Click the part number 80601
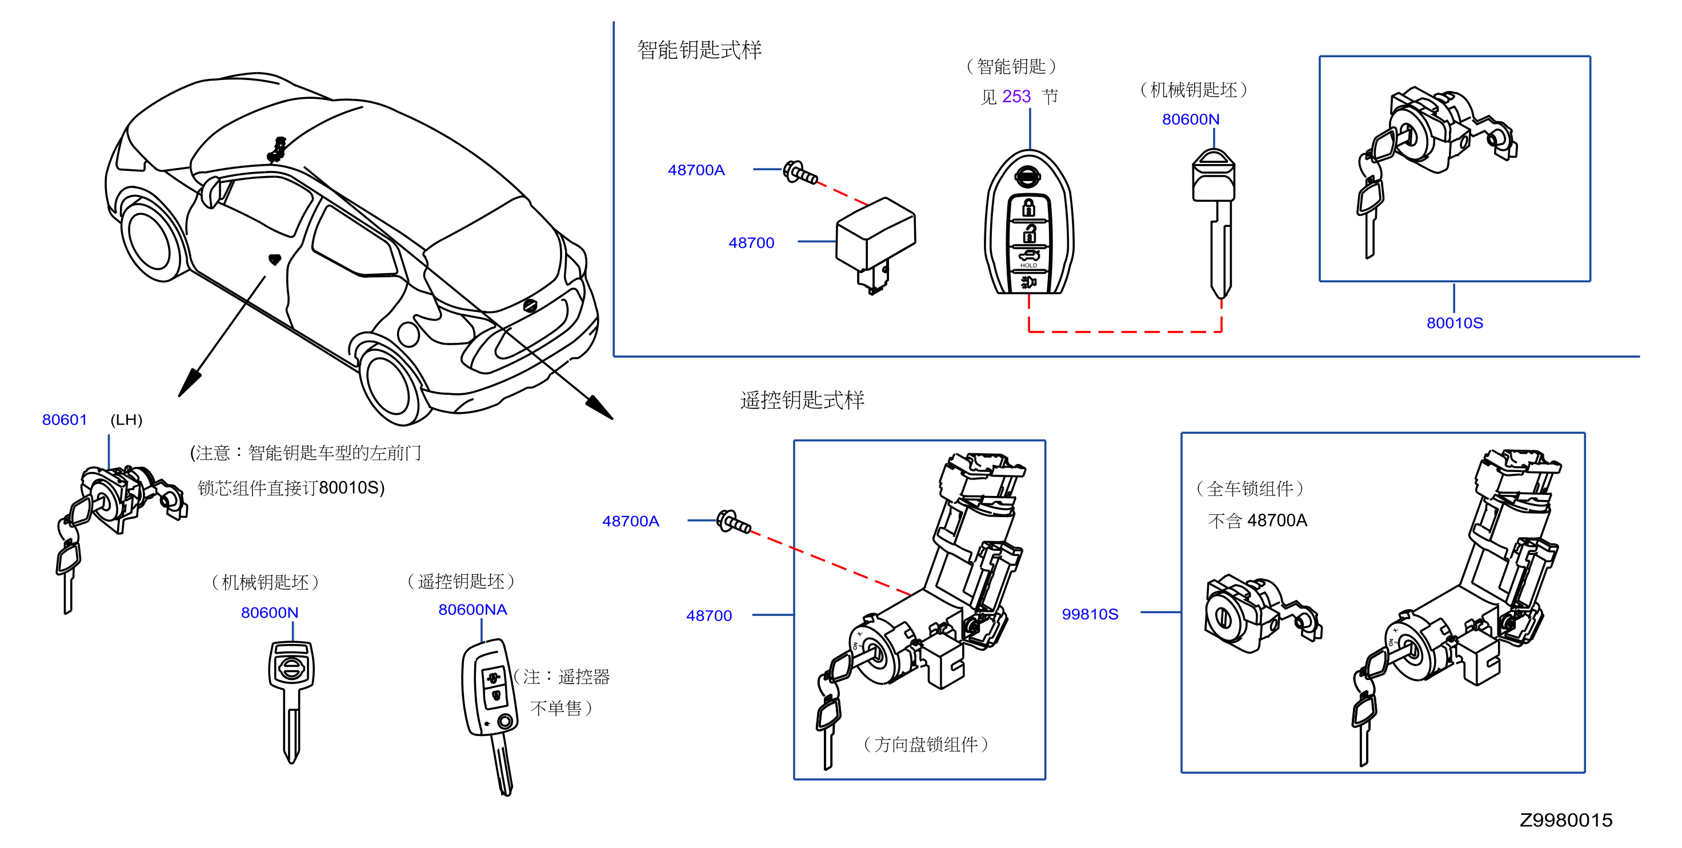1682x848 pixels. (64, 419)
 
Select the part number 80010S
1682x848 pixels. (1455, 323)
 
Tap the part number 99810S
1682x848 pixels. (1090, 614)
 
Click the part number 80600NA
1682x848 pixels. (472, 610)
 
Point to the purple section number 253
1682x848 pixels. (1016, 97)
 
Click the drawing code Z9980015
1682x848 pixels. (1566, 820)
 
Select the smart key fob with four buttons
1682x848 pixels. (1029, 222)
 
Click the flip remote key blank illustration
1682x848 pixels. (490, 715)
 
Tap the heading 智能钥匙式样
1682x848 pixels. (699, 50)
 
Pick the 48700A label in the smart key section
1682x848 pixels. (696, 170)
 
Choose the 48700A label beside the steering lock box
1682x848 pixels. (630, 521)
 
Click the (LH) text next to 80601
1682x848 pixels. (126, 419)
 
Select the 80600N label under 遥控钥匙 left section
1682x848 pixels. (269, 613)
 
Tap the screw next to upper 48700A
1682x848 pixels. (800, 173)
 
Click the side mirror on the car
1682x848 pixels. (211, 191)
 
